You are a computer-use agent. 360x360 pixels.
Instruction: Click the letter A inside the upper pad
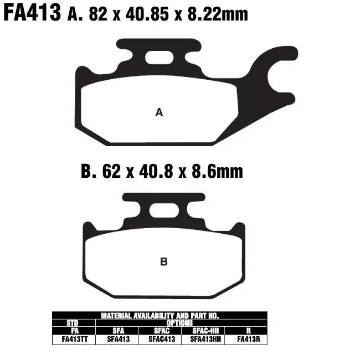pyautogui.click(x=159, y=112)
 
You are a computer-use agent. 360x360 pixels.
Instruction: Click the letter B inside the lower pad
pyautogui.click(x=163, y=262)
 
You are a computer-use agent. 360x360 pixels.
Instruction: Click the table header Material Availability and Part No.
pyautogui.click(x=160, y=315)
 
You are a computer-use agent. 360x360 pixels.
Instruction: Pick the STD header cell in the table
pyautogui.click(x=72, y=322)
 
